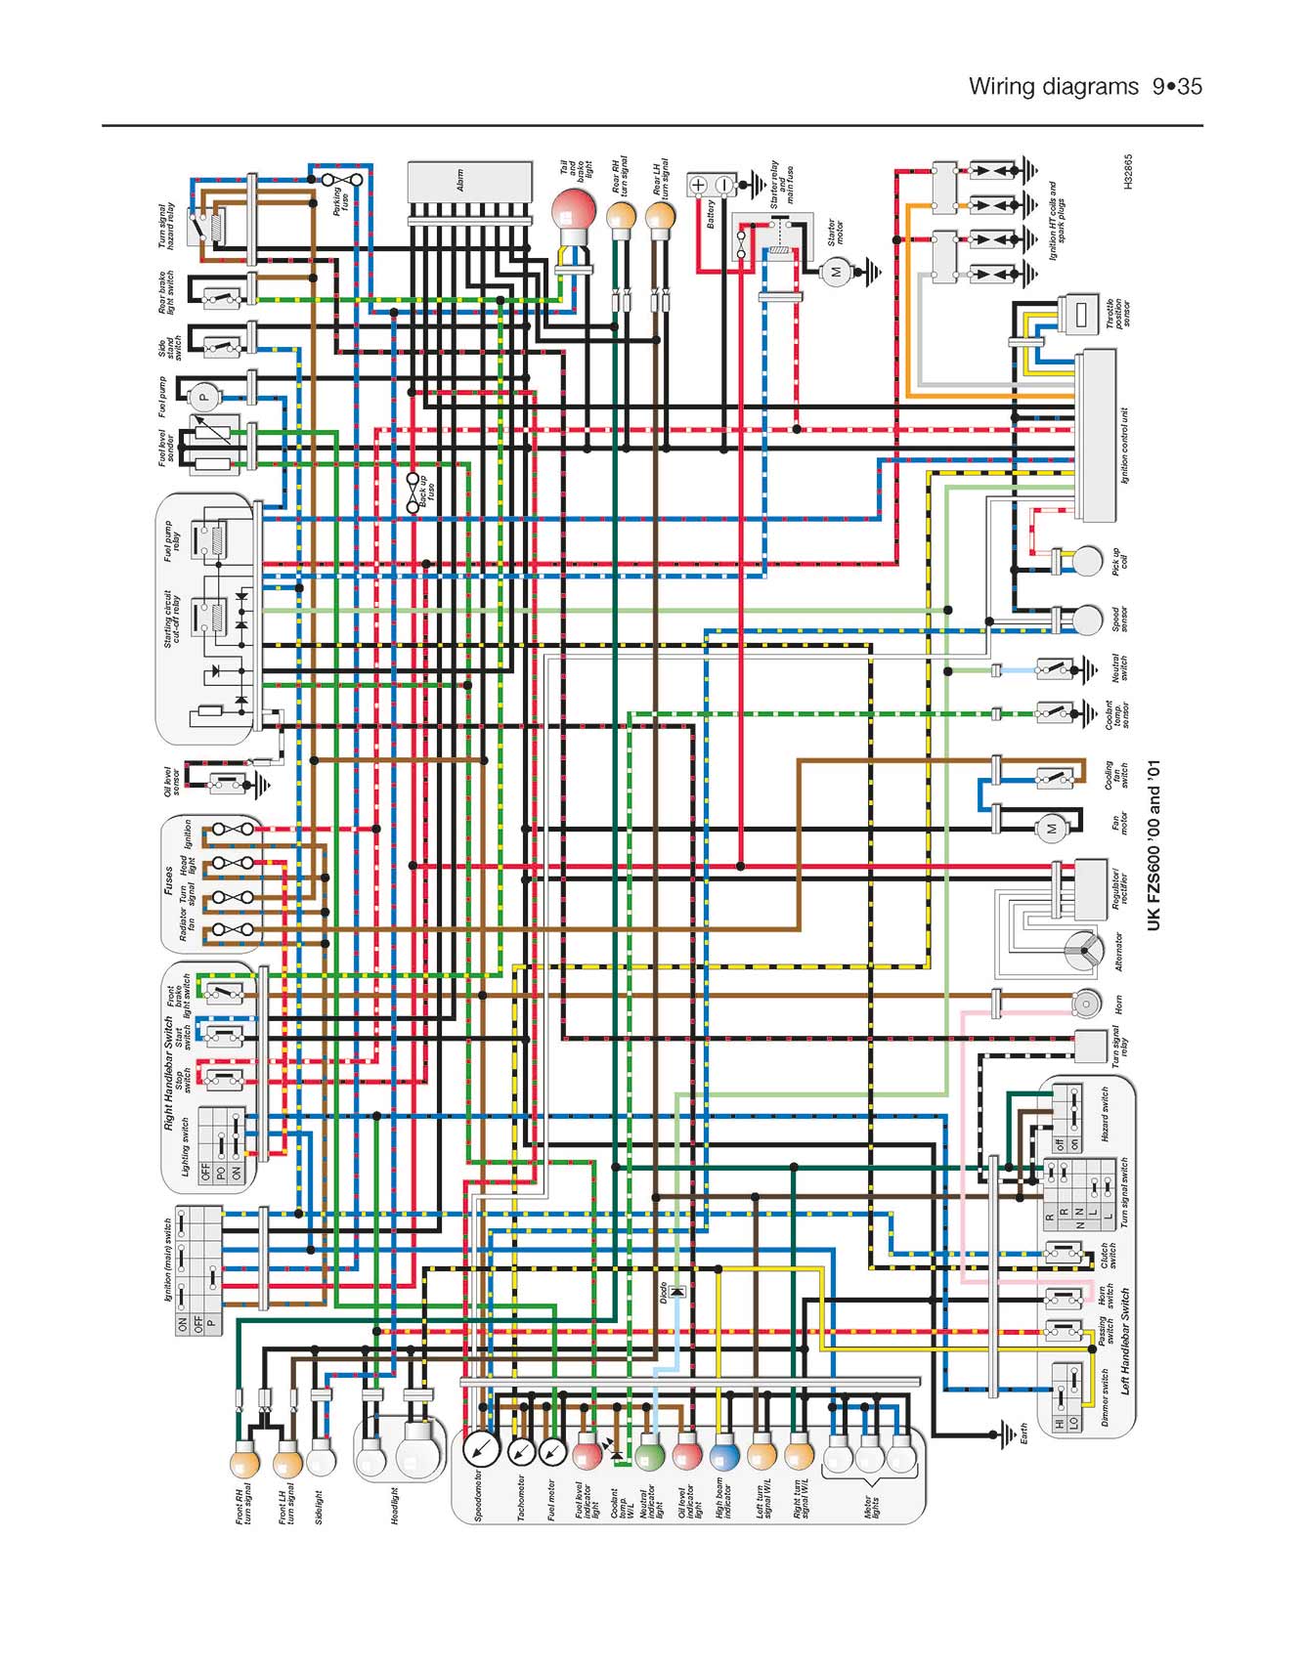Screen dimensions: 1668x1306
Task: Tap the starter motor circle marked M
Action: pyautogui.click(x=836, y=273)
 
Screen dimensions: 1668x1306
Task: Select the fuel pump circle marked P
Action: pyautogui.click(x=204, y=396)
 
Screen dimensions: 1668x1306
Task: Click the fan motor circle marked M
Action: pyautogui.click(x=1052, y=829)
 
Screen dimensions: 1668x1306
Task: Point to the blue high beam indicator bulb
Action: pyautogui.click(x=724, y=1455)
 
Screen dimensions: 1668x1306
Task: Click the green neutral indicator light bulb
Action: pyautogui.click(x=650, y=1455)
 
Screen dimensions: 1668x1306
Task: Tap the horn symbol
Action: pyautogui.click(x=1086, y=1004)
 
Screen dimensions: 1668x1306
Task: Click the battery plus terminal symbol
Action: pyautogui.click(x=698, y=185)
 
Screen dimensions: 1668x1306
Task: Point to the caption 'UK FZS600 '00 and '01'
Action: pyautogui.click(x=1154, y=846)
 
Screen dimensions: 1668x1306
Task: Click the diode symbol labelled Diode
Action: pyautogui.click(x=676, y=1292)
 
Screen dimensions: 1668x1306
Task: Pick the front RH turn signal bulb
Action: pyautogui.click(x=244, y=1463)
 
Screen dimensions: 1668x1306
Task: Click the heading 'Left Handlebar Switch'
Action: pyautogui.click(x=1126, y=1341)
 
